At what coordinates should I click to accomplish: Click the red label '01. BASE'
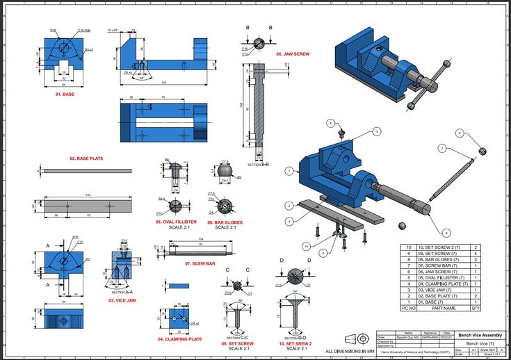click(x=64, y=94)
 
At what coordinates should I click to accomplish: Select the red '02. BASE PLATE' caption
click(x=86, y=158)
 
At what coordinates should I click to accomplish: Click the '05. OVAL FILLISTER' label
click(x=176, y=222)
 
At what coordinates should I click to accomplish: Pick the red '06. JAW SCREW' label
click(x=293, y=54)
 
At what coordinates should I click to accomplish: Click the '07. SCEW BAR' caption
click(x=200, y=263)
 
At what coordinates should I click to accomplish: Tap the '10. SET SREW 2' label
click(x=295, y=343)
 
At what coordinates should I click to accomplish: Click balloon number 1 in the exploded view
click(x=377, y=131)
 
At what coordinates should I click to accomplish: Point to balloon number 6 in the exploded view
click(x=446, y=232)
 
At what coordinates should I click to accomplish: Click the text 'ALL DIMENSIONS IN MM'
click(x=348, y=351)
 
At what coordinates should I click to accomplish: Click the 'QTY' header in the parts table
click(x=476, y=307)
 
